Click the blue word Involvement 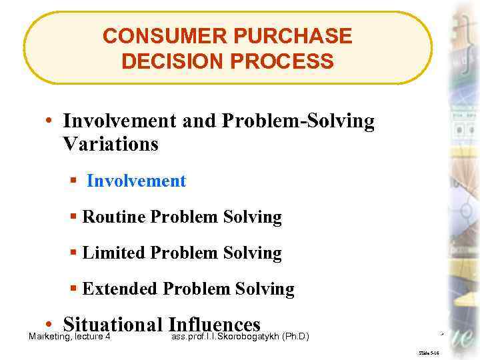pyautogui.click(x=136, y=181)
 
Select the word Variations pyautogui.click(x=111, y=143)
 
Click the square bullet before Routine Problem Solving pyautogui.click(x=74, y=217)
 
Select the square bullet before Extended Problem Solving pyautogui.click(x=74, y=289)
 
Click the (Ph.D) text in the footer pyautogui.click(x=296, y=336)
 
